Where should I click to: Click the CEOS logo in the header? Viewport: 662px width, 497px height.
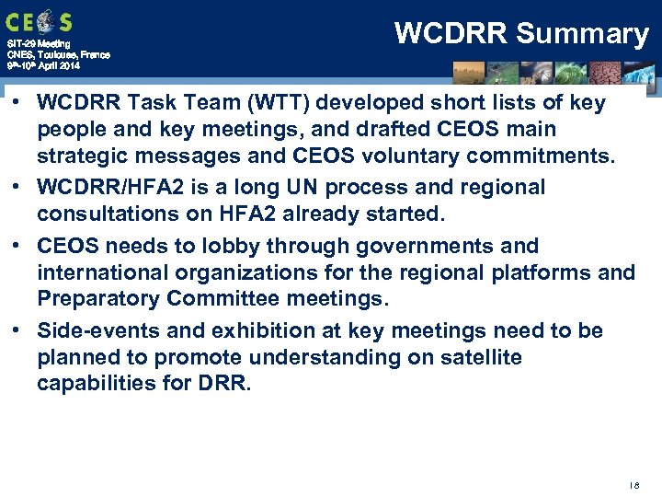pos(39,21)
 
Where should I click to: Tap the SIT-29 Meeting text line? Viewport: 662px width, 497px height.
pos(33,44)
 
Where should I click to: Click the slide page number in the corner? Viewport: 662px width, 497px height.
pos(635,483)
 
